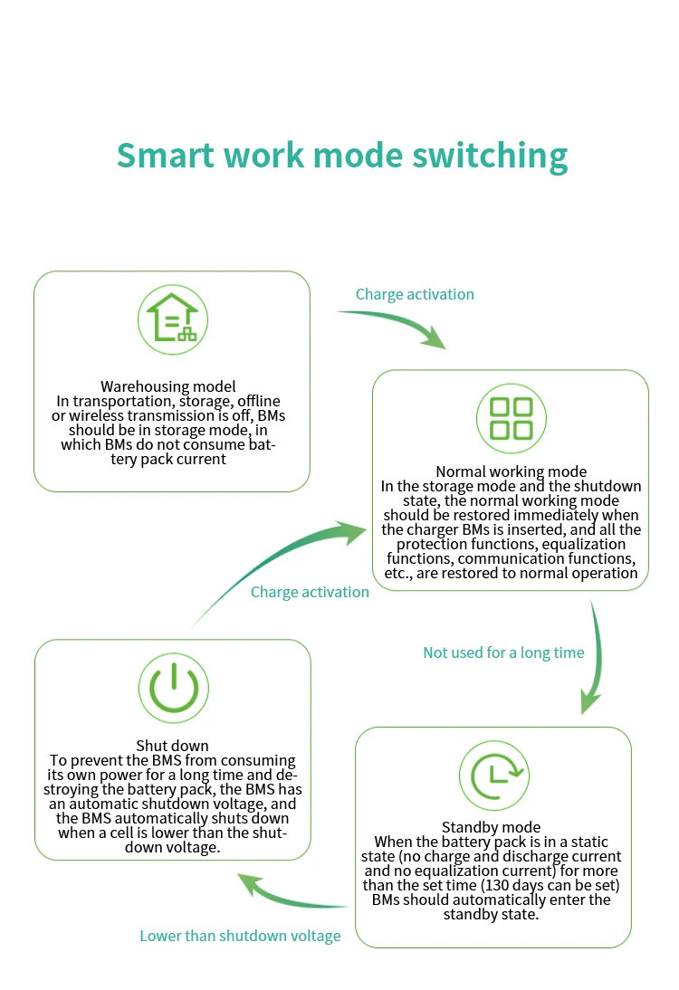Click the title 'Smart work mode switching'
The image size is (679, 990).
(341, 155)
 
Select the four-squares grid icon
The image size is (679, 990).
(511, 418)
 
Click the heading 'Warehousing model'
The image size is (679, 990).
(168, 387)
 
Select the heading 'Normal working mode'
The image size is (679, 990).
(511, 471)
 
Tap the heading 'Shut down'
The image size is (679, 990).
(172, 746)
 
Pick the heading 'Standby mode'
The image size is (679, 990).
(491, 827)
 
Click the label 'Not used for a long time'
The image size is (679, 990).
(503, 652)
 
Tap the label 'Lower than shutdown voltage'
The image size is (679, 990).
(240, 936)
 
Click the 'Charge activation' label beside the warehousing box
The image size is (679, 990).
(415, 294)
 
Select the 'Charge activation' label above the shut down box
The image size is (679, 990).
(310, 592)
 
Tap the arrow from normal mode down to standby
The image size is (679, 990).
(593, 661)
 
